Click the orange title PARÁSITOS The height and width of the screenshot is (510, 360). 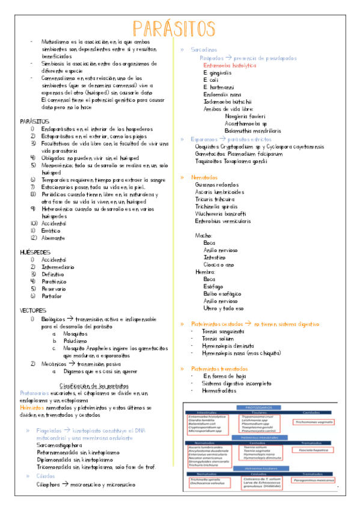click(174, 28)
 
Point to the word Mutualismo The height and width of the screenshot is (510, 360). click(56, 41)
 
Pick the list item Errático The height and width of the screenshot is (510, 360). click(51, 230)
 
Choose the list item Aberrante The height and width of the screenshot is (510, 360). click(53, 238)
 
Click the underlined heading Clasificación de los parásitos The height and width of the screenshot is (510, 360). click(93, 386)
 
